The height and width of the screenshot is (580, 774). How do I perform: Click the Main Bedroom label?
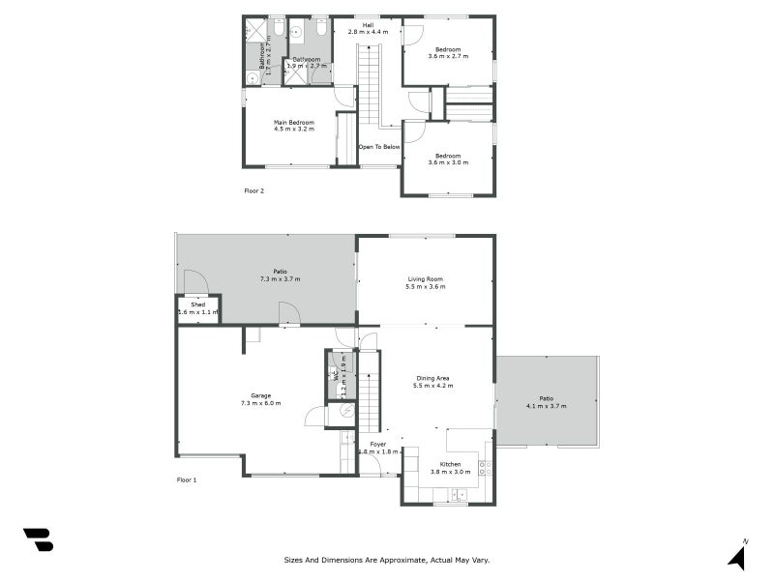[294, 126]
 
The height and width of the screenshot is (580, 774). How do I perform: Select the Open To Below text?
[379, 147]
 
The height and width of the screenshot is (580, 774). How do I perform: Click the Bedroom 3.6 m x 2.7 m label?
[447, 53]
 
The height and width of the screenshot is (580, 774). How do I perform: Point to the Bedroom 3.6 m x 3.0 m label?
[447, 159]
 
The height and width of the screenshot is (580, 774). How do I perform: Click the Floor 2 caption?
[253, 190]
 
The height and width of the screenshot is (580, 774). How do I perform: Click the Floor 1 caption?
[187, 479]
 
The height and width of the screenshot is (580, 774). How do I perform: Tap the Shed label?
[198, 308]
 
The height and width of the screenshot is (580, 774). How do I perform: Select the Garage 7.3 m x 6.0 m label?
[260, 399]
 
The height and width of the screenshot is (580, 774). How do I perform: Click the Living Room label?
[426, 282]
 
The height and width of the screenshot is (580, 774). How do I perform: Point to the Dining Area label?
[434, 382]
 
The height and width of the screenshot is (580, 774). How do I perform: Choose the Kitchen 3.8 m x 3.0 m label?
[450, 468]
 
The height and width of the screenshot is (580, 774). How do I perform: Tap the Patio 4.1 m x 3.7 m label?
[546, 402]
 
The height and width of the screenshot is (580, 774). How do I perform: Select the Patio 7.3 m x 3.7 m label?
[280, 275]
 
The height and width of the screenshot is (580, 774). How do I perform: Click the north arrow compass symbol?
[737, 557]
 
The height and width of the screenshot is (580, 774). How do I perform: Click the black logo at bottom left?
[38, 539]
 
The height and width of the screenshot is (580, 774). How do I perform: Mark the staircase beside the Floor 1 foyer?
[369, 391]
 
